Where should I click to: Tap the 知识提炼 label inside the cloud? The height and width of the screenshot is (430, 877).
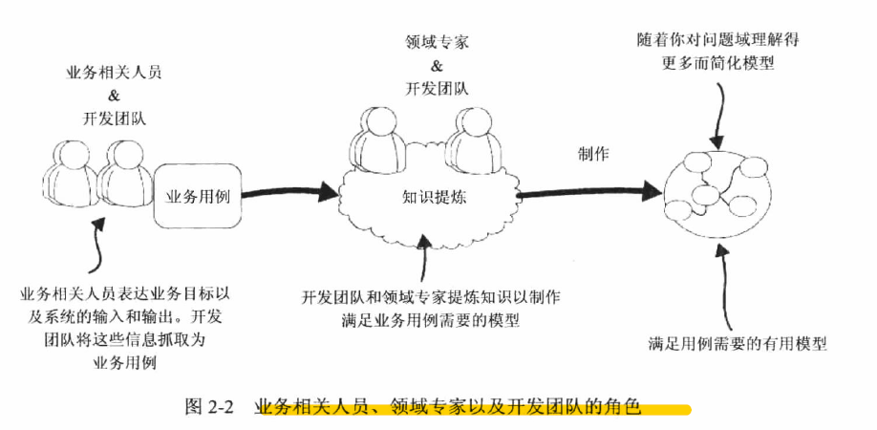pos(433,195)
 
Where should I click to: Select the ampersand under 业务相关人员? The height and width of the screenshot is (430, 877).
pos(112,96)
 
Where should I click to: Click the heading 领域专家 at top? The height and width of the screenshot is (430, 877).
pos(437,44)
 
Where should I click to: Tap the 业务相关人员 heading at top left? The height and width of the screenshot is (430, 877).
pos(113,73)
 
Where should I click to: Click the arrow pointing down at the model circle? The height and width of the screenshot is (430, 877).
pos(717,119)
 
